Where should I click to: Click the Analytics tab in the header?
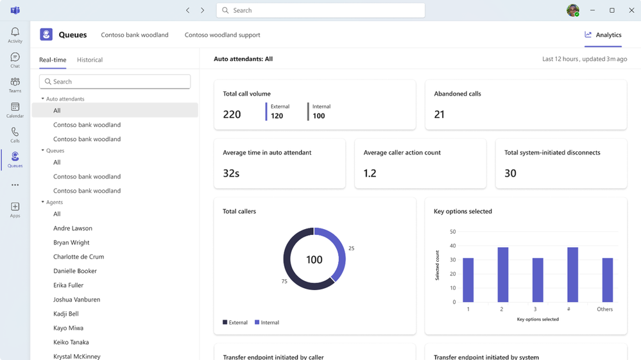603,35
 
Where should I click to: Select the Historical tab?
90,60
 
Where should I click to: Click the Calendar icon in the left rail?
15,107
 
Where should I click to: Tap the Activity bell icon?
15,32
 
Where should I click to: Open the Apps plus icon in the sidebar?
15,207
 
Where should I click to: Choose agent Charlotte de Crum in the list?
78,257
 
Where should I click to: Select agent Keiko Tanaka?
71,342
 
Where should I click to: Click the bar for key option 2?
503,275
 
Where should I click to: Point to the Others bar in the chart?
607,280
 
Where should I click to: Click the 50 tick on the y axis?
452,232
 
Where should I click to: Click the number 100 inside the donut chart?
314,260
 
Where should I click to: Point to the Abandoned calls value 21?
440,115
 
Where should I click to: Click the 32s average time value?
231,173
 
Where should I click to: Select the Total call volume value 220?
232,115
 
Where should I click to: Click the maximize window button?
611,10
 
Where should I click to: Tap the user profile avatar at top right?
572,10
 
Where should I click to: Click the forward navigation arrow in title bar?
202,10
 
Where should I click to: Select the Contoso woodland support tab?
222,35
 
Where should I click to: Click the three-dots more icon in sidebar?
15,185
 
